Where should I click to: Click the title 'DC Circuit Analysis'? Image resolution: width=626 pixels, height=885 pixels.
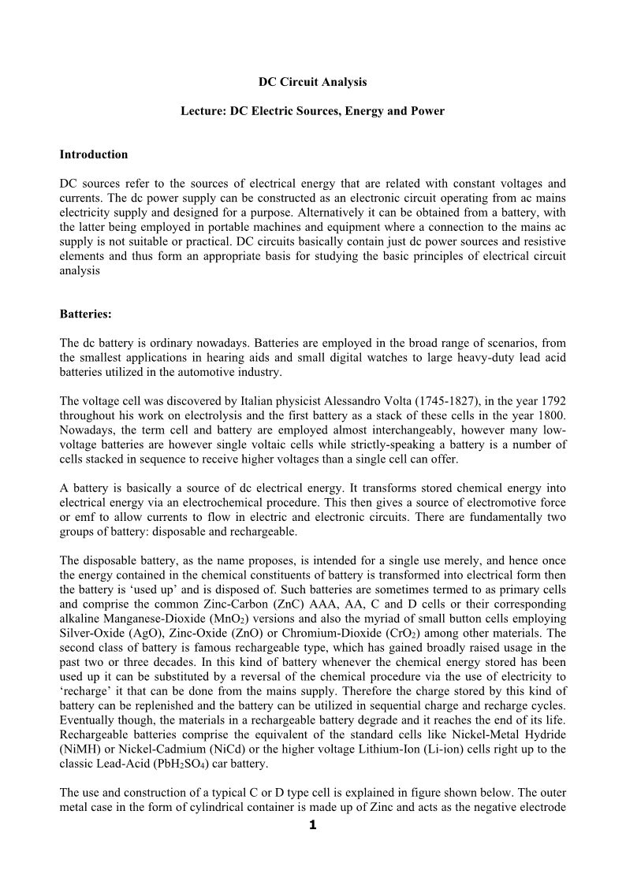point(313,81)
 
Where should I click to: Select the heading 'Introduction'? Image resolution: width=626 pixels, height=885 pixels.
point(94,154)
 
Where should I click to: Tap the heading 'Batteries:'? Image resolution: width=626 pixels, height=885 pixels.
point(86,314)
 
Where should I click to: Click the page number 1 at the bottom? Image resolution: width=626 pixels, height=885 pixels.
point(313,826)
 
